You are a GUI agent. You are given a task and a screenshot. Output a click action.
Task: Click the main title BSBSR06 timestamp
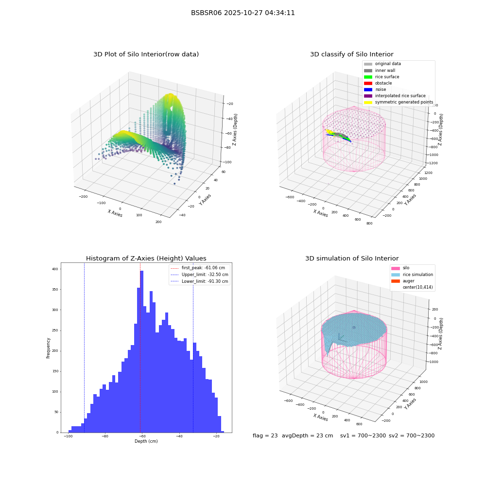point(243,13)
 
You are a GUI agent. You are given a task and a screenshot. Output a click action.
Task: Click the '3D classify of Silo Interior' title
point(352,54)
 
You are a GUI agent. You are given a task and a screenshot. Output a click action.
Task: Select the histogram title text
point(146,258)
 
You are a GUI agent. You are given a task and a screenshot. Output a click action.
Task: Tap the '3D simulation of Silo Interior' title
point(352,258)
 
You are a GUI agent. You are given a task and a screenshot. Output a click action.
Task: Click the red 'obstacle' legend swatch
point(368,84)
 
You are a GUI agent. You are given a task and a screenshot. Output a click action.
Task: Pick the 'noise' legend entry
point(375,89)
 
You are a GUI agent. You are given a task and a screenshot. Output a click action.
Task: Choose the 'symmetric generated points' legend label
point(404,102)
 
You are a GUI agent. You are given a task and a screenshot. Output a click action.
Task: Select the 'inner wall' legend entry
point(380,70)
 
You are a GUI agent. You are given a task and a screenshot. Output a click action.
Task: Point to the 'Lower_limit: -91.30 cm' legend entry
point(200,281)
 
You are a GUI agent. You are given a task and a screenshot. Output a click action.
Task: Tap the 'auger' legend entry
point(402,281)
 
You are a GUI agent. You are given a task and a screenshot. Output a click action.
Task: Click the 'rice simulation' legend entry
point(412,275)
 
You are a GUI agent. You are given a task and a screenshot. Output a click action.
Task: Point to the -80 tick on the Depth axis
point(105,436)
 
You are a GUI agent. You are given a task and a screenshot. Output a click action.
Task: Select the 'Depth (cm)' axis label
point(146,441)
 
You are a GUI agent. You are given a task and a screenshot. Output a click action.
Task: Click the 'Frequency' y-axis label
point(48,348)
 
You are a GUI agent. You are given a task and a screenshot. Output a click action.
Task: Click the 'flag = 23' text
point(265,435)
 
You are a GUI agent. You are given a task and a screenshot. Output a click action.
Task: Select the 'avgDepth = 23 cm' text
point(307,435)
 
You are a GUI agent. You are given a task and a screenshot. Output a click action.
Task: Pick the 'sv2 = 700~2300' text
point(412,435)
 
